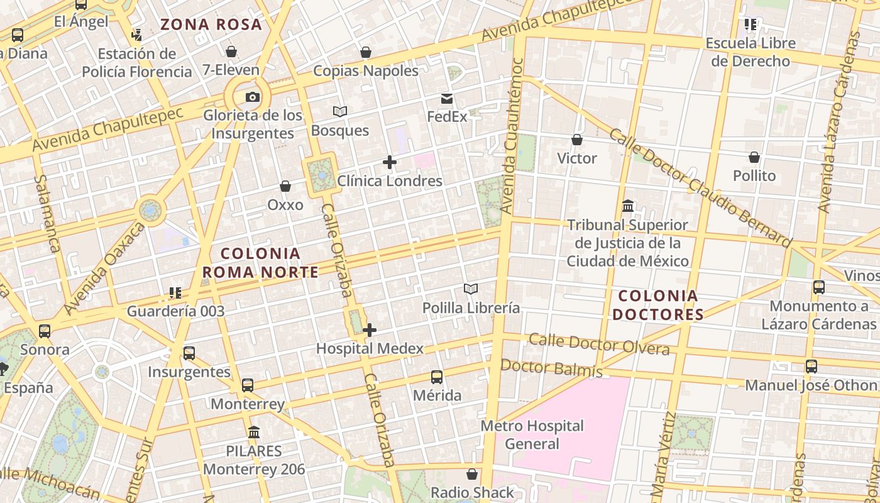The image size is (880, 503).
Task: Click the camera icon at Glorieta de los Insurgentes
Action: (252, 97)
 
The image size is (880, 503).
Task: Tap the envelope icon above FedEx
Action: (447, 99)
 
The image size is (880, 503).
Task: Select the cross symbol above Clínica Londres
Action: (390, 162)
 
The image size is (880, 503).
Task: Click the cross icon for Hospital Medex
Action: (370, 329)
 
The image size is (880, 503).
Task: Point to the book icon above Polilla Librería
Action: (471, 289)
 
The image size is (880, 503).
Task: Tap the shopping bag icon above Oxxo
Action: (285, 186)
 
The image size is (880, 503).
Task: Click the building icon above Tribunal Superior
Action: (627, 206)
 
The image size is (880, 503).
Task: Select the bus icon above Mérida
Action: (437, 377)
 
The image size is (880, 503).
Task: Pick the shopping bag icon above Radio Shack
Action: (472, 474)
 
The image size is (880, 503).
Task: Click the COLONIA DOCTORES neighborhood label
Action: (657, 305)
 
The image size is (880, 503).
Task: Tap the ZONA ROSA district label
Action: (211, 25)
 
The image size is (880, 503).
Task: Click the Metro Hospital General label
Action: (532, 434)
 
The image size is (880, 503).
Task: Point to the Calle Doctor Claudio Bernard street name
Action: (700, 187)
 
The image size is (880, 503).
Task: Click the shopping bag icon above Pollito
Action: (754, 157)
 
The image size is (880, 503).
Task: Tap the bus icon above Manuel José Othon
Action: (811, 366)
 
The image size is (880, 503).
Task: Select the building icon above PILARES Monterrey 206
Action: (254, 433)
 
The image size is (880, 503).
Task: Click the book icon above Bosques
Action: (340, 111)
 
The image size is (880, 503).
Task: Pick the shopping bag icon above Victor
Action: (577, 140)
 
